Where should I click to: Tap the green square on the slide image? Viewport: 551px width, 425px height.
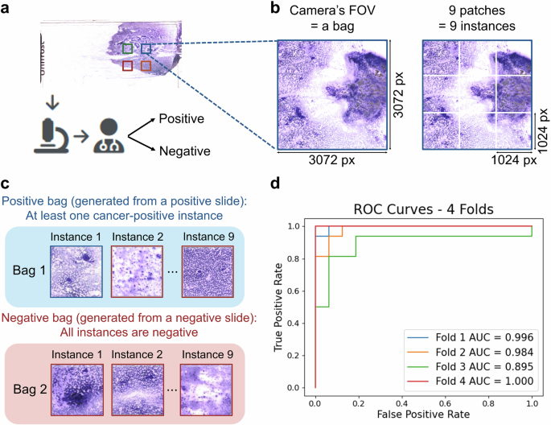(x=128, y=49)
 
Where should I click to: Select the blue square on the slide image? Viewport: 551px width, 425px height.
(x=146, y=49)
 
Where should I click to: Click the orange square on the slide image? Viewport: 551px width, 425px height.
(x=146, y=66)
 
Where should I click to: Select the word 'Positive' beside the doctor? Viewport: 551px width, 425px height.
(x=182, y=118)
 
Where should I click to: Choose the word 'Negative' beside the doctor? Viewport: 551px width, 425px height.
(x=184, y=151)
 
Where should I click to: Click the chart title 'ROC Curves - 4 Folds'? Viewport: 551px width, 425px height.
(x=422, y=208)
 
